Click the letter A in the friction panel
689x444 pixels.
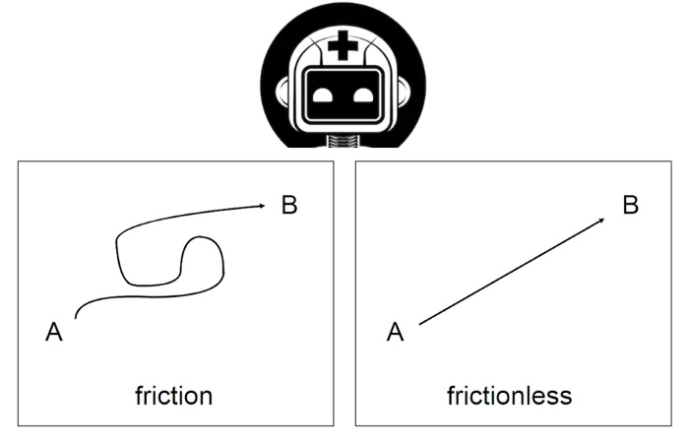click(x=54, y=333)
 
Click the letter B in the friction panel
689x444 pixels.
click(x=288, y=206)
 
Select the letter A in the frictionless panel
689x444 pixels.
click(x=395, y=333)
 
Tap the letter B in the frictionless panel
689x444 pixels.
click(x=631, y=206)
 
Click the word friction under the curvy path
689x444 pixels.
click(x=173, y=396)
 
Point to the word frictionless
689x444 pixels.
click(x=509, y=396)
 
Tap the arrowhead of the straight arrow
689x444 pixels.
click(x=602, y=222)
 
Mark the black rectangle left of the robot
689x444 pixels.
click(x=128, y=74)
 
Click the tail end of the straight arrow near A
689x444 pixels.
click(x=421, y=323)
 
